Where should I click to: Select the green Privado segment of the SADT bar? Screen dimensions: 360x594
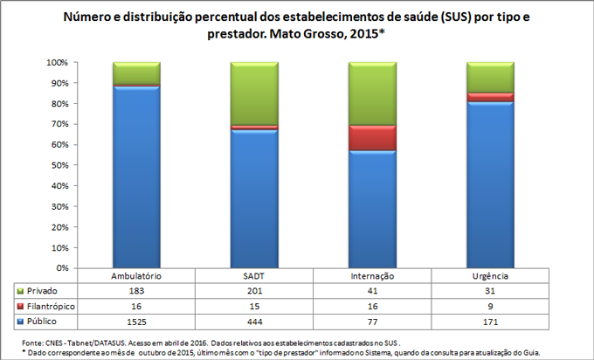(x=253, y=93)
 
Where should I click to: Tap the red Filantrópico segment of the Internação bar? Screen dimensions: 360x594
(x=373, y=137)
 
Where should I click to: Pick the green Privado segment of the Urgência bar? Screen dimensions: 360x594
(x=491, y=77)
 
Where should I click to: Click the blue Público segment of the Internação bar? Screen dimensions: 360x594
(x=373, y=210)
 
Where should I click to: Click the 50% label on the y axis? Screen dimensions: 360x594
(x=57, y=166)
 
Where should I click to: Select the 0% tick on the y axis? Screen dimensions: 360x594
(x=61, y=268)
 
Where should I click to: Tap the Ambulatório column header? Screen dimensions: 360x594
(x=135, y=275)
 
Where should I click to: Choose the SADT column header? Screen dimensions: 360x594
(x=253, y=275)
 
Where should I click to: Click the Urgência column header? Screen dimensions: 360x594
(x=490, y=275)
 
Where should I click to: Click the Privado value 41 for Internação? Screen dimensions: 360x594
(x=372, y=289)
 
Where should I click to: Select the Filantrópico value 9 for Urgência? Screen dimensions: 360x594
(x=490, y=307)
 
